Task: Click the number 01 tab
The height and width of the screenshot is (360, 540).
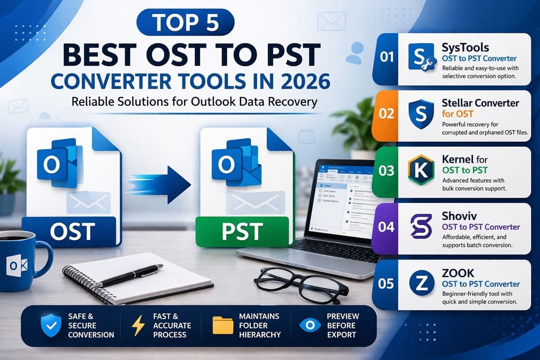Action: pos(386,58)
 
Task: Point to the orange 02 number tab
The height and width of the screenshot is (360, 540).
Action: pos(386,114)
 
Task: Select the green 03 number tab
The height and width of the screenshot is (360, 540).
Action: pos(386,171)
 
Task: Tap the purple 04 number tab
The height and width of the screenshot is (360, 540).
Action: pos(386,227)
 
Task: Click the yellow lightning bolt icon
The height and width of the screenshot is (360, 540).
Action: pos(138,326)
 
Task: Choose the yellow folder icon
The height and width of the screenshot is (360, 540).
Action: pos(223,326)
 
